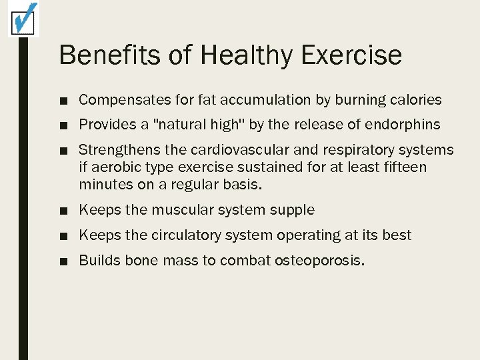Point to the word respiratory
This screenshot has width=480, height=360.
[x=356, y=150]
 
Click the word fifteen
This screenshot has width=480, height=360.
[x=403, y=167]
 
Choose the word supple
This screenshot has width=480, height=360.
[x=292, y=210]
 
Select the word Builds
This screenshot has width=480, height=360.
[x=99, y=260]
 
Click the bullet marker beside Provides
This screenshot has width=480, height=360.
[x=63, y=125]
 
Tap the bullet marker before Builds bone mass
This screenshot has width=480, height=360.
[x=63, y=261]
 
